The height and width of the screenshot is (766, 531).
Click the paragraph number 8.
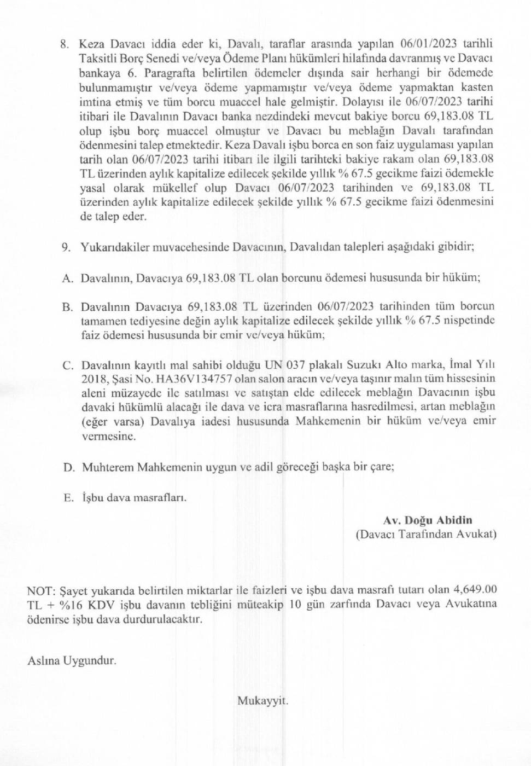(65, 44)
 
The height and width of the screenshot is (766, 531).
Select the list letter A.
(67, 278)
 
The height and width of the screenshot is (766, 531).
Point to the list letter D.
(68, 467)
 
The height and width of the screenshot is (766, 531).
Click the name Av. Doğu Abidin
(427, 520)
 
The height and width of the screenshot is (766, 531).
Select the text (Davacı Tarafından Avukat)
(426, 534)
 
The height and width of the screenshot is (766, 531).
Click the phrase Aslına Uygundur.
(72, 660)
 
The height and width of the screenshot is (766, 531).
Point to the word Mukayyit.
(262, 700)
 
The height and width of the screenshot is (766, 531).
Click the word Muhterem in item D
(107, 467)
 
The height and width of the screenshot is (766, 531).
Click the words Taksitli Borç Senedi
(125, 59)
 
